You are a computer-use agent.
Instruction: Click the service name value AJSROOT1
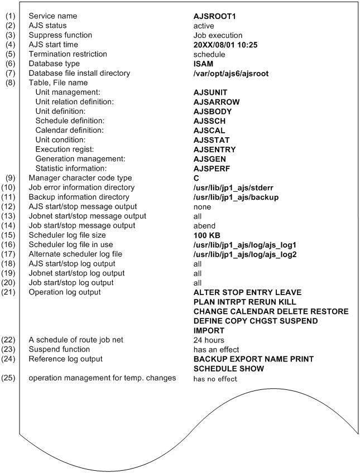point(215,16)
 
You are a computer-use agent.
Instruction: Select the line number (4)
point(9,45)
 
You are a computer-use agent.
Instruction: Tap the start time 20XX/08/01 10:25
point(229,45)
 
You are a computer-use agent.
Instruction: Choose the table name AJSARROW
point(216,102)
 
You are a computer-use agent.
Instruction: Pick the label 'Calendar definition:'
point(68,131)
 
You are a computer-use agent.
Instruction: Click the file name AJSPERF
point(213,168)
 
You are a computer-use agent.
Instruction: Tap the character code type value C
point(196,178)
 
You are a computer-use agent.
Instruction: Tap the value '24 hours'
point(209,340)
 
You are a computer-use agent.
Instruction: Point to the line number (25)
point(9,378)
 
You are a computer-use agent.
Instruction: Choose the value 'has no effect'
point(215,379)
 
